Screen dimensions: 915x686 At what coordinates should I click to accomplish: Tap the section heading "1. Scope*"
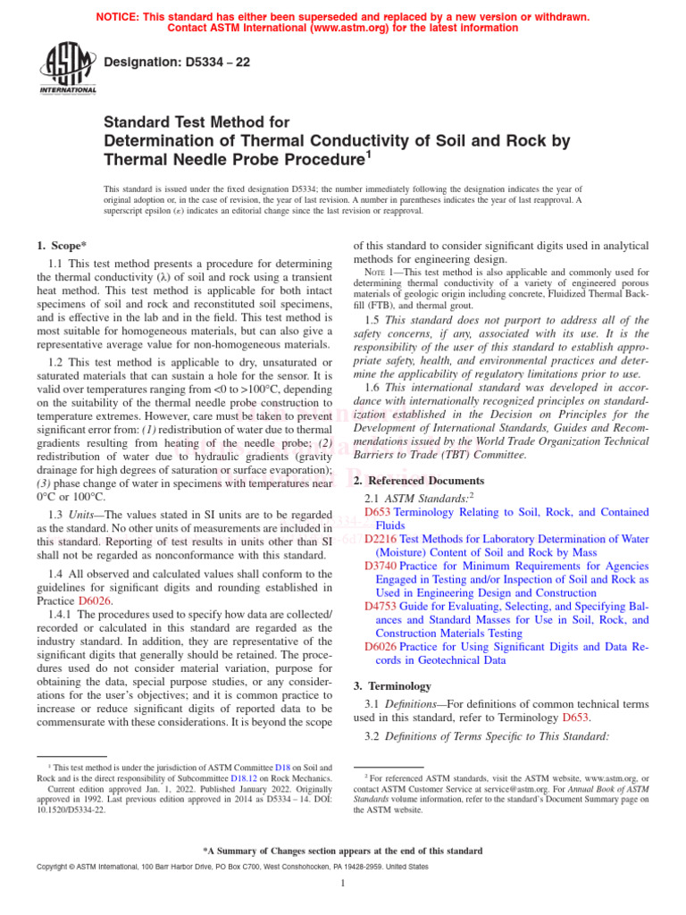pos(62,245)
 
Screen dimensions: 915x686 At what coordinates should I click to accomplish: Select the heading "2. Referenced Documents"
pos(419,480)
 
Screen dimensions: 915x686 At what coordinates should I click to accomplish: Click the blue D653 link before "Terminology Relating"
pos(379,512)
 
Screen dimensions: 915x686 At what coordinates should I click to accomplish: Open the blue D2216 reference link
pos(381,539)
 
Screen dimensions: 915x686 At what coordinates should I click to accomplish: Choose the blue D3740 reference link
pos(381,566)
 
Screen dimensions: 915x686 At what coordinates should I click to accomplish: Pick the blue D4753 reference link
pos(381,606)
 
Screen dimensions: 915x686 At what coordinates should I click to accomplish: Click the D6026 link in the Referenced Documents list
pos(381,646)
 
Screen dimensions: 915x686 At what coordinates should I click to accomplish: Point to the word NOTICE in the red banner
pos(119,17)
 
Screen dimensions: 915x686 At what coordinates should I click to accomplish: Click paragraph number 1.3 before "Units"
pos(55,515)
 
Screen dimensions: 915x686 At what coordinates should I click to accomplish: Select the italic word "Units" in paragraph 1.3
pos(88,515)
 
